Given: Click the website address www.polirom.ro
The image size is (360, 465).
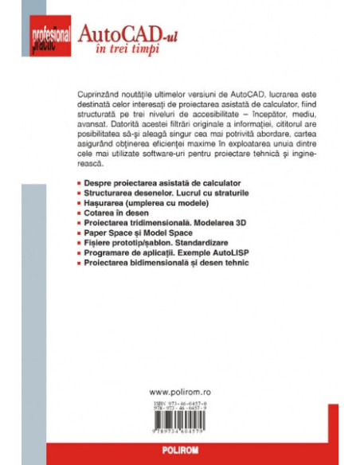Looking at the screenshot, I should pyautogui.click(x=180, y=392).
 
